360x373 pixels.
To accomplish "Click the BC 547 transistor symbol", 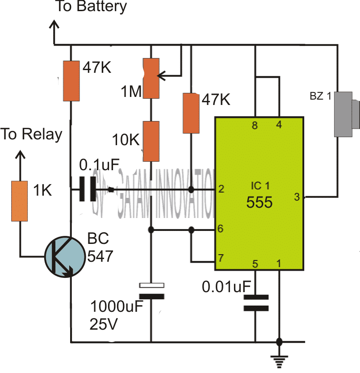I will pos(65,256).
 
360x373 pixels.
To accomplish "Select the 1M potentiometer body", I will pos(151,78).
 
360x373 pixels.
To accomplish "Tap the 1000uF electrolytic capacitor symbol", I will pos(151,290).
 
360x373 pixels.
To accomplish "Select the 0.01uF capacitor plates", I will pos(255,302).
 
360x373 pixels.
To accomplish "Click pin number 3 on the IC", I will pos(296,196).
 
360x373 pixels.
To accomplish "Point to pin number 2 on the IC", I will pos(221,189).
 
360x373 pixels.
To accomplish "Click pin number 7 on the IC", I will pos(221,258).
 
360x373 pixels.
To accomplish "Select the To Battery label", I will pos(91,7).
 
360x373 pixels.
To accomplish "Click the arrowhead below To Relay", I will pos(20,154).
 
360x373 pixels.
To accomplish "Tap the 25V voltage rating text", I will pos(104,324).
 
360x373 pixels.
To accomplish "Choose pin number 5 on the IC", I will pos(255,264).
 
